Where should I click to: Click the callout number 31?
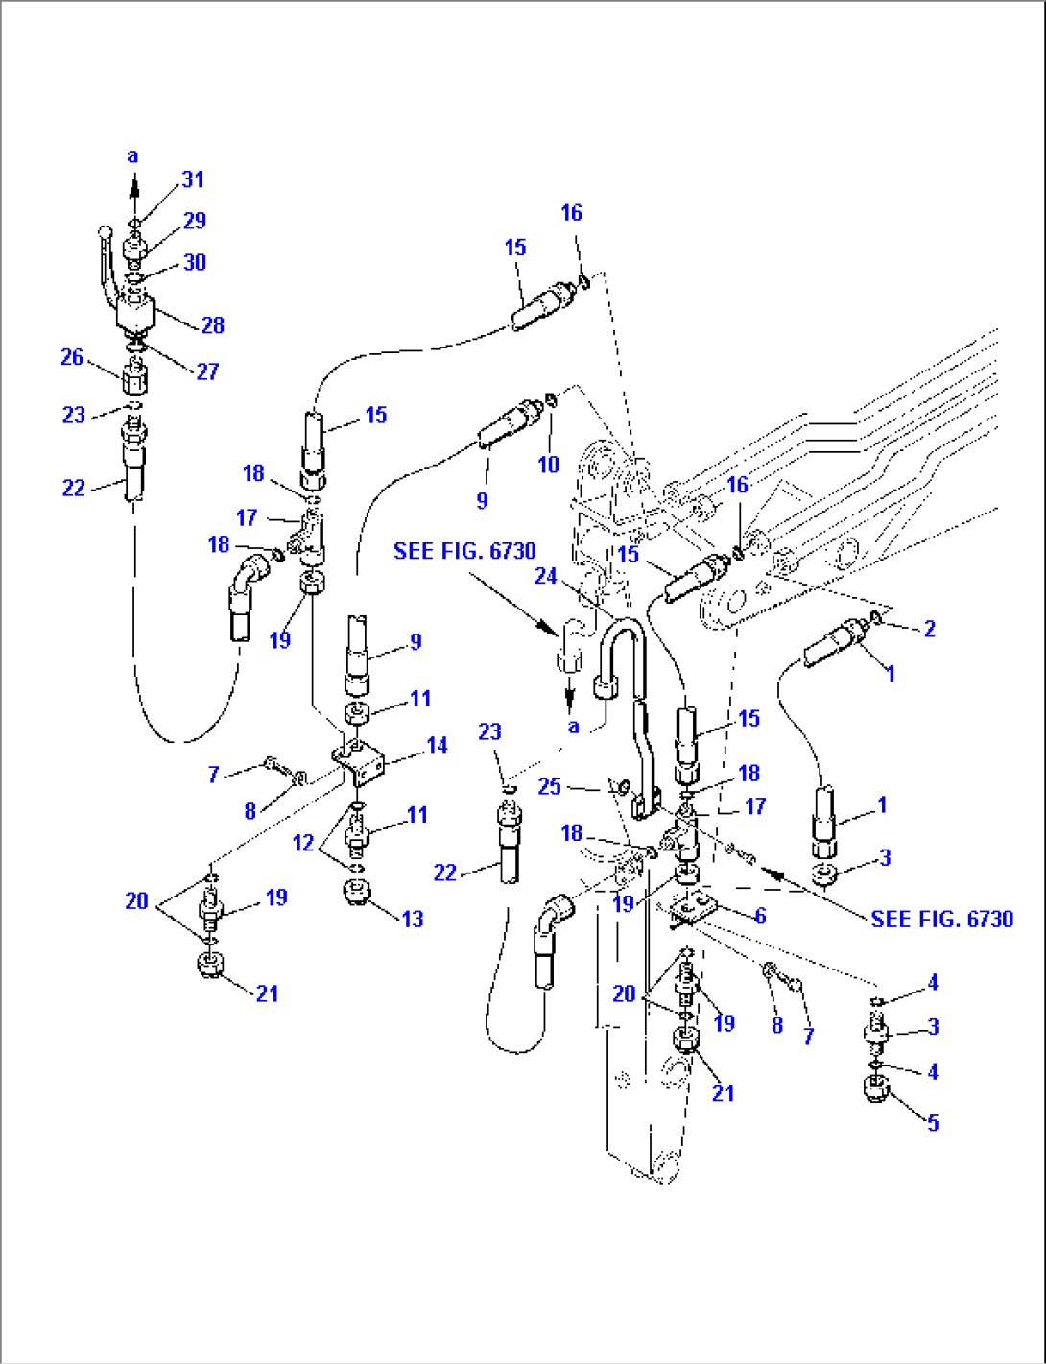193,179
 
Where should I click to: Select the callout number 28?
213,325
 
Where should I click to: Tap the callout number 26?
72,357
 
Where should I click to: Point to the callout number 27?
207,371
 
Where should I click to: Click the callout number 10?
548,465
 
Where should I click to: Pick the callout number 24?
545,576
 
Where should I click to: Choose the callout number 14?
437,745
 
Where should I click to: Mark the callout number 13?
412,919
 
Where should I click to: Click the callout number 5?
933,1122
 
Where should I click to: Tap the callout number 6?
760,916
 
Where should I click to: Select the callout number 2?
929,629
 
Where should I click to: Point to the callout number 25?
549,786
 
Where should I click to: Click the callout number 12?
303,843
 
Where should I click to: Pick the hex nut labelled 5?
875,1089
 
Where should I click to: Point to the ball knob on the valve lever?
104,229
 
